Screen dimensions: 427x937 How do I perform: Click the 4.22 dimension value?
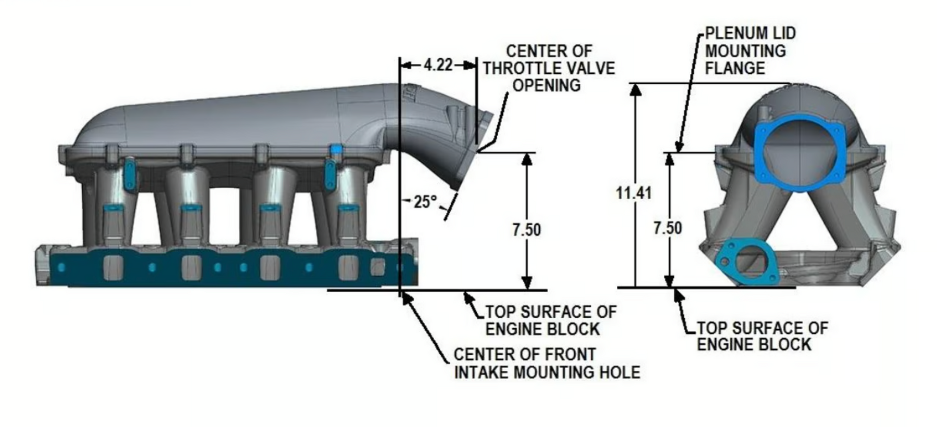tap(438, 66)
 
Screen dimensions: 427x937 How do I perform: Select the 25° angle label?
tap(425, 202)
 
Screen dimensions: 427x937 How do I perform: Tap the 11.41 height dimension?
tap(634, 193)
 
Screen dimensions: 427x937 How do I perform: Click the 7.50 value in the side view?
tap(526, 229)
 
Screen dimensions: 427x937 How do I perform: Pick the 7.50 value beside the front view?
tap(667, 228)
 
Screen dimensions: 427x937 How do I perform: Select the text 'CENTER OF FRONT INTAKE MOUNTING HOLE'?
tap(547, 363)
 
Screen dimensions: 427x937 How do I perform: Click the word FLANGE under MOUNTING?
tap(735, 68)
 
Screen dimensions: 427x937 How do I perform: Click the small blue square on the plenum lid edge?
tap(337, 149)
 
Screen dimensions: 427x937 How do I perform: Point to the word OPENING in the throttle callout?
tap(547, 85)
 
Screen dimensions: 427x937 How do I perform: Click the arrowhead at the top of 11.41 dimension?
tap(635, 89)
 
